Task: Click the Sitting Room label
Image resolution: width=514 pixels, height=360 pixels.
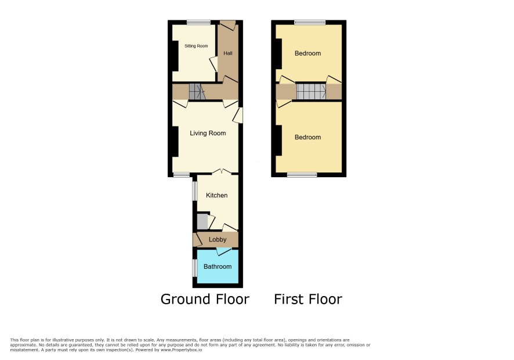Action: pyautogui.click(x=196, y=46)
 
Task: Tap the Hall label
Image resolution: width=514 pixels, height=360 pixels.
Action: pyautogui.click(x=228, y=53)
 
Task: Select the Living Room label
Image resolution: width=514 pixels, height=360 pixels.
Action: pyautogui.click(x=208, y=133)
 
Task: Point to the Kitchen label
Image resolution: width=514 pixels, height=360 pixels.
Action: pyautogui.click(x=216, y=195)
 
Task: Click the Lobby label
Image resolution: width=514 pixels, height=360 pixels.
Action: pyautogui.click(x=218, y=240)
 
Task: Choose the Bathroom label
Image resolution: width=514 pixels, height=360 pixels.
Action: pyautogui.click(x=218, y=267)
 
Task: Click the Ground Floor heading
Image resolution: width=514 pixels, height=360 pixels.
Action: pyautogui.click(x=205, y=299)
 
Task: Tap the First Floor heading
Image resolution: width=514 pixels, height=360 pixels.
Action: pyautogui.click(x=308, y=299)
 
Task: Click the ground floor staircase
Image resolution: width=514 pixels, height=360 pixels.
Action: pyautogui.click(x=197, y=92)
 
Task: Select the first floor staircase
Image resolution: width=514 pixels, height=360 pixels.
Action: pyautogui.click(x=312, y=92)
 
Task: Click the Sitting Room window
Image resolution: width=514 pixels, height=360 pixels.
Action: pyautogui.click(x=199, y=22)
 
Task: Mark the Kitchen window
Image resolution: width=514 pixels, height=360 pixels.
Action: pyautogui.click(x=195, y=190)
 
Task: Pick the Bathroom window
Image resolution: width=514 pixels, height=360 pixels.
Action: pyautogui.click(x=195, y=268)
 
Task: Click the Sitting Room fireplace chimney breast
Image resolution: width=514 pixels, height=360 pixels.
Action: pyautogui.click(x=175, y=56)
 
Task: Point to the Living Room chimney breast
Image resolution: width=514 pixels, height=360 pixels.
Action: pyautogui.click(x=175, y=142)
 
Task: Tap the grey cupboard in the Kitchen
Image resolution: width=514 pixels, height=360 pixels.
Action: pyautogui.click(x=202, y=222)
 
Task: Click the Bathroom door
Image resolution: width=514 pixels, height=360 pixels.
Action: pyautogui.click(x=224, y=252)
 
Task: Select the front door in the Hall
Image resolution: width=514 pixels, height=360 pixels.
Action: pyautogui.click(x=228, y=26)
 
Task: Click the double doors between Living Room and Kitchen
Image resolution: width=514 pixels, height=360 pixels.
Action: pyautogui.click(x=222, y=171)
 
